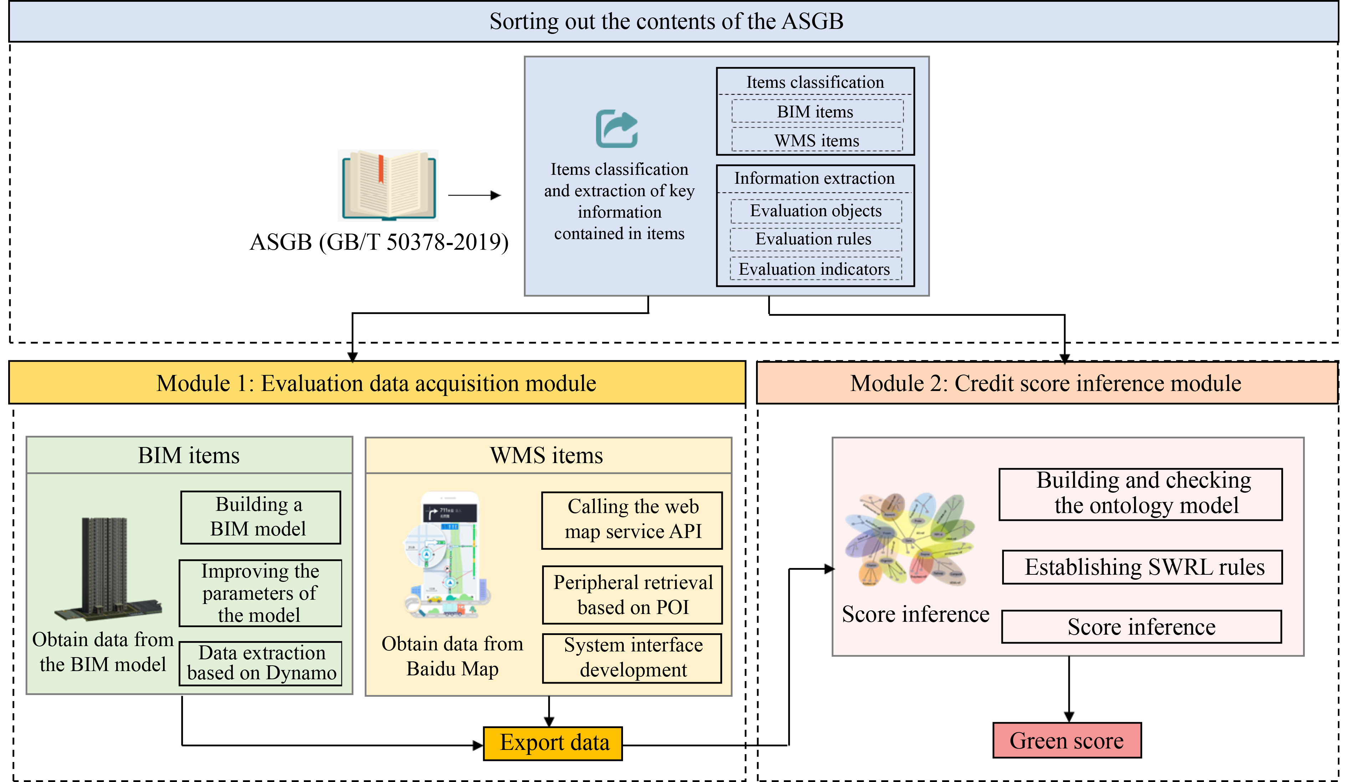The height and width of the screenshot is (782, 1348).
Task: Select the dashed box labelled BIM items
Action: click(x=817, y=111)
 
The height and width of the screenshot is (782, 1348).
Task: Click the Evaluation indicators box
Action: click(x=815, y=269)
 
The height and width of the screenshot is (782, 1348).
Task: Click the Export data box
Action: click(x=553, y=743)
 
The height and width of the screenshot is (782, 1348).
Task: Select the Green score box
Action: click(x=1066, y=741)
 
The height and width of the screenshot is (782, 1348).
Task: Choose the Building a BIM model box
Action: click(x=260, y=517)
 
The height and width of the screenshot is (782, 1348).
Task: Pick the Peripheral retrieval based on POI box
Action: click(x=632, y=595)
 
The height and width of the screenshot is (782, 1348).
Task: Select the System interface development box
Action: click(x=632, y=658)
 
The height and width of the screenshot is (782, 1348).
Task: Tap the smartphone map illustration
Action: click(x=448, y=554)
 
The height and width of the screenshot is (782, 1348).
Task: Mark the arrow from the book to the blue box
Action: click(x=474, y=195)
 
